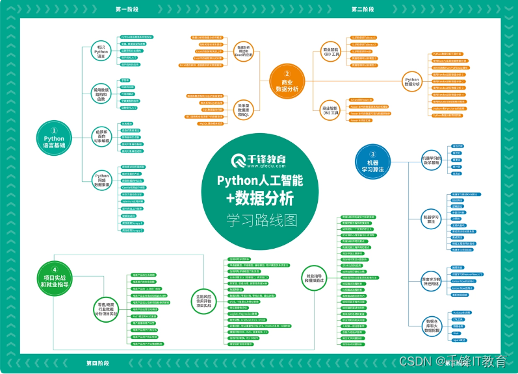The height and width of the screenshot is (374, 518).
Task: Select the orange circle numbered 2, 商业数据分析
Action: click(286, 81)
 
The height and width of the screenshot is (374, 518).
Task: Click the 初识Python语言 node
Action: click(101, 52)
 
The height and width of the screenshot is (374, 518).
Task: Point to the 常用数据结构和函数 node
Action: click(101, 93)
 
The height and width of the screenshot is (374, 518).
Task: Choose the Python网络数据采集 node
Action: click(101, 180)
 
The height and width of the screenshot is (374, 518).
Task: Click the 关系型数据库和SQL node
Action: click(242, 108)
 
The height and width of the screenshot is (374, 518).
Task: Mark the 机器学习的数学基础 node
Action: click(431, 160)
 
